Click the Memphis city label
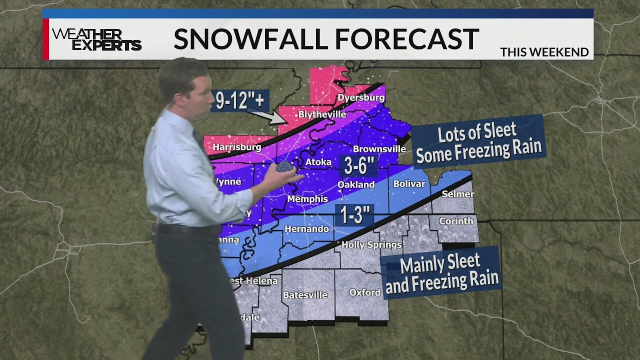[307, 199]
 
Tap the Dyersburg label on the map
[361, 97]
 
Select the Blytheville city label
[322, 114]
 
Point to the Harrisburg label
[237, 147]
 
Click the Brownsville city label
[379, 149]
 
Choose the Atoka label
[318, 162]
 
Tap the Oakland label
[356, 184]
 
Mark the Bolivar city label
[409, 184]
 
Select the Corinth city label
[455, 220]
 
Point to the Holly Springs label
[371, 244]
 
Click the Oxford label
[364, 292]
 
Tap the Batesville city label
[305, 295]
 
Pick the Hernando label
[306, 229]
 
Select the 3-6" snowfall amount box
[357, 165]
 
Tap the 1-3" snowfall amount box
[354, 215]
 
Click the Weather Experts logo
[96, 39]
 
